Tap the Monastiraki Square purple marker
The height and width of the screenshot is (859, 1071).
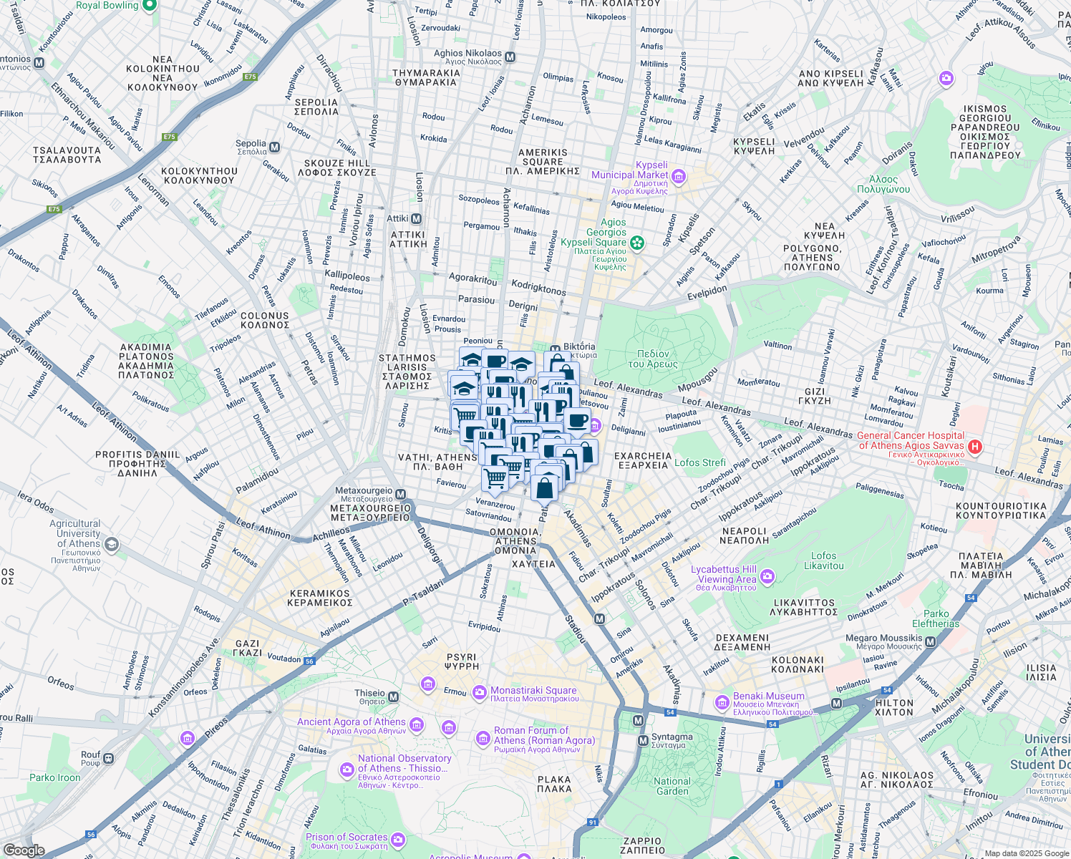pyautogui.click(x=480, y=692)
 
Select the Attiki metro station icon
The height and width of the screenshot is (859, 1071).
pyautogui.click(x=416, y=219)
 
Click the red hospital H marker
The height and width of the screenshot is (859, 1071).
pyautogui.click(x=974, y=446)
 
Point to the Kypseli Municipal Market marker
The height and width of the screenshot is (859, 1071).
pyautogui.click(x=679, y=176)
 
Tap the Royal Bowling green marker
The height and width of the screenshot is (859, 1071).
pyautogui.click(x=149, y=6)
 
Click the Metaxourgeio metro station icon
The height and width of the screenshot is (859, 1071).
pyautogui.click(x=401, y=494)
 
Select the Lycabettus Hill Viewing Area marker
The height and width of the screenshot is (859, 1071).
pyautogui.click(x=767, y=576)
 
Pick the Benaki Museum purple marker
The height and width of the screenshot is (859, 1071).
pyautogui.click(x=722, y=704)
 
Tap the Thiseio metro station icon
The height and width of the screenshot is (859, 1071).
pyautogui.click(x=393, y=696)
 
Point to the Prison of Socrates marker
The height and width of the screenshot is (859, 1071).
pyautogui.click(x=398, y=840)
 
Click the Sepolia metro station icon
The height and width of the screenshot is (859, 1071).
pyautogui.click(x=275, y=147)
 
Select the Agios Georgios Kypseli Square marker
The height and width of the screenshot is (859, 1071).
pyautogui.click(x=636, y=243)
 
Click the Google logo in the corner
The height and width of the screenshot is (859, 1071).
pyautogui.click(x=24, y=850)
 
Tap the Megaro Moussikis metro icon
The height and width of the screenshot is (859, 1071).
pyautogui.click(x=931, y=642)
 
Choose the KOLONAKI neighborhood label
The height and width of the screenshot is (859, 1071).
pyautogui.click(x=798, y=665)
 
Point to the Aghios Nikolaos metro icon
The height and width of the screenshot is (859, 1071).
pyautogui.click(x=510, y=57)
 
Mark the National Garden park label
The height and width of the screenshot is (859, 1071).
pyautogui.click(x=672, y=786)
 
